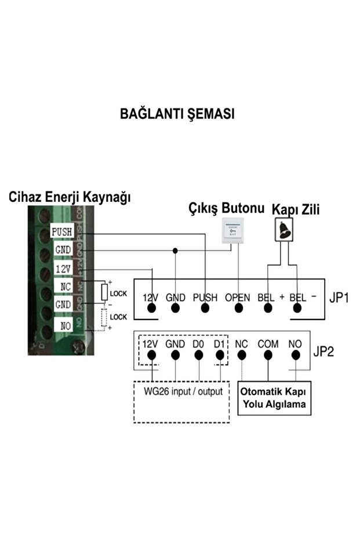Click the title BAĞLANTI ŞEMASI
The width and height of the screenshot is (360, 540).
[177, 114]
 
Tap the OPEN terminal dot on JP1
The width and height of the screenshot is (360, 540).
[238, 308]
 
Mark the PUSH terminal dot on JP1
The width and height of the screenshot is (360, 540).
[205, 308]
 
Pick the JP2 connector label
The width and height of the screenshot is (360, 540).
[324, 351]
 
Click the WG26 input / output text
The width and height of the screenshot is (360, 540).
[183, 392]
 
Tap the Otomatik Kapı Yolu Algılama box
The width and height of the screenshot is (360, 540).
[273, 398]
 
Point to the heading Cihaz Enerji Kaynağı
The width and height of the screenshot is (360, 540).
[70, 197]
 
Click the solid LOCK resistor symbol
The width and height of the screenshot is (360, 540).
[105, 292]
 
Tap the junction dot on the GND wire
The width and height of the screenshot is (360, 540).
[175, 251]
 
